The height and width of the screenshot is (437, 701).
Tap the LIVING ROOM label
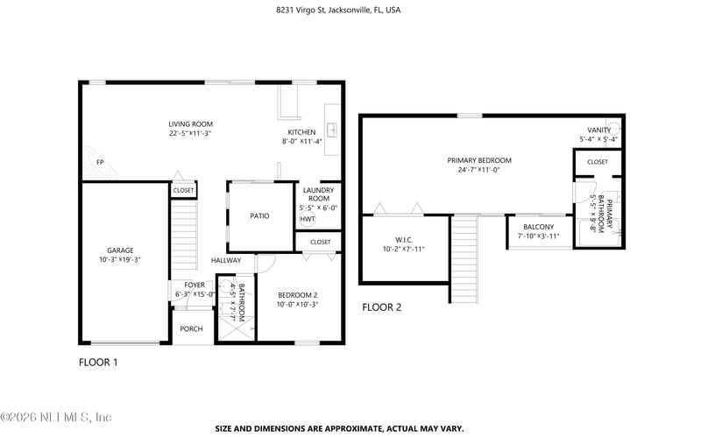(x=191, y=123)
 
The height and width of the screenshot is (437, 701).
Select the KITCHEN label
(x=301, y=132)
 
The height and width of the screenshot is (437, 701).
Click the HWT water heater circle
(x=308, y=219)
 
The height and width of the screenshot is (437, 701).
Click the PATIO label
(x=259, y=215)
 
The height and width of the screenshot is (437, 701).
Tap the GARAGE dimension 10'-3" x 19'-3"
(x=120, y=260)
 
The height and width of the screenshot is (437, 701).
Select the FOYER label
(x=194, y=285)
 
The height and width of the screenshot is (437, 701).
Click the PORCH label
(x=191, y=329)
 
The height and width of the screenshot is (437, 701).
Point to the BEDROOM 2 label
(x=297, y=294)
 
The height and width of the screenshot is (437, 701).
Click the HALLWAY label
(x=226, y=261)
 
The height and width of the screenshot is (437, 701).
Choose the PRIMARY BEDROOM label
(x=478, y=160)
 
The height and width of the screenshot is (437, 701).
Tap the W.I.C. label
(x=403, y=239)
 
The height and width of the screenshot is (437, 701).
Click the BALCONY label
(x=538, y=227)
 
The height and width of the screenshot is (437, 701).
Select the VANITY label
(x=599, y=130)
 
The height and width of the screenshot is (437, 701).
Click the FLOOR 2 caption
(x=381, y=307)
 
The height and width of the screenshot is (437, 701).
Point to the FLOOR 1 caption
(x=98, y=362)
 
